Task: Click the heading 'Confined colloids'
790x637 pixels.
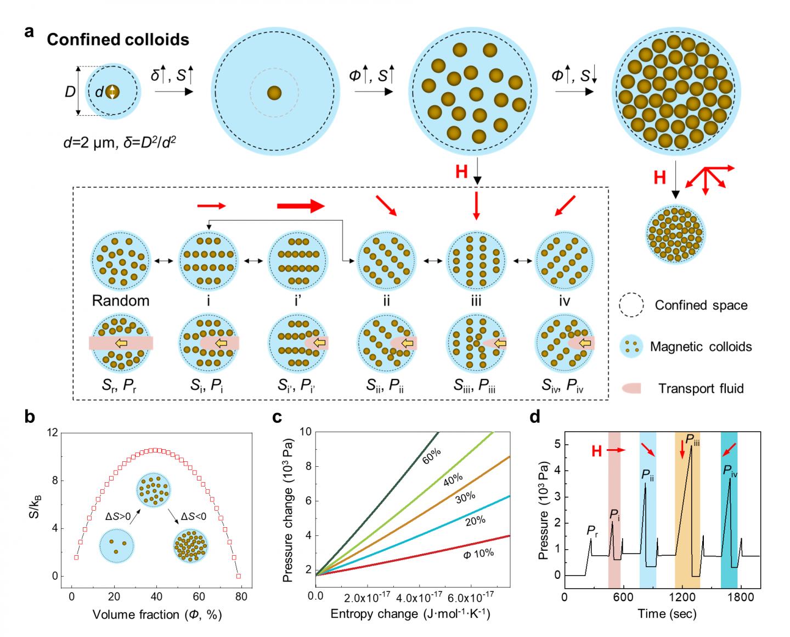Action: pyautogui.click(x=118, y=40)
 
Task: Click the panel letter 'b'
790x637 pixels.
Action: pyautogui.click(x=29, y=418)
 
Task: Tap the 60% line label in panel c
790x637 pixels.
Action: pyautogui.click(x=432, y=455)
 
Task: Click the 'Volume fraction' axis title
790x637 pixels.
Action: pyautogui.click(x=157, y=614)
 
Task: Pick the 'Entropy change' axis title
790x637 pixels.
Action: pyautogui.click(x=410, y=614)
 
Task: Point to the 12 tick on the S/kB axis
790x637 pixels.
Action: pyautogui.click(x=53, y=432)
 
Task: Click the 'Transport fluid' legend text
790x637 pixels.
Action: pyautogui.click(x=701, y=389)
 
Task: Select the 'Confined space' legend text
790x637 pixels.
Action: pyautogui.click(x=701, y=305)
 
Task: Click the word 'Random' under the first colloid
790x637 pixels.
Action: pyautogui.click(x=121, y=301)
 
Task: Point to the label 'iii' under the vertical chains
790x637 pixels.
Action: pyautogui.click(x=476, y=301)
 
